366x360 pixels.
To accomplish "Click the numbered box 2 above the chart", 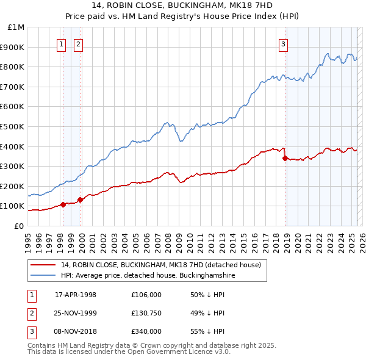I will tap(79, 43).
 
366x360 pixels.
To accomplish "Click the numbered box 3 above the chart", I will tap(284, 43).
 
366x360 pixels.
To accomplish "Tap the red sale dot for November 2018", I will tap(285, 158).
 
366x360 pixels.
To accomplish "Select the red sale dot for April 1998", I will tap(63, 204).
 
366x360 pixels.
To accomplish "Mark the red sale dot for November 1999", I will tap(80, 200).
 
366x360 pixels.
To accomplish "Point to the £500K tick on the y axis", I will tap(13, 126).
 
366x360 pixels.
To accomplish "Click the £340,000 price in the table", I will tap(146, 331).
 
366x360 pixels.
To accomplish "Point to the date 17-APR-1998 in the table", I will tap(76, 295).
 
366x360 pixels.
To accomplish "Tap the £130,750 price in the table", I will tap(146, 313).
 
